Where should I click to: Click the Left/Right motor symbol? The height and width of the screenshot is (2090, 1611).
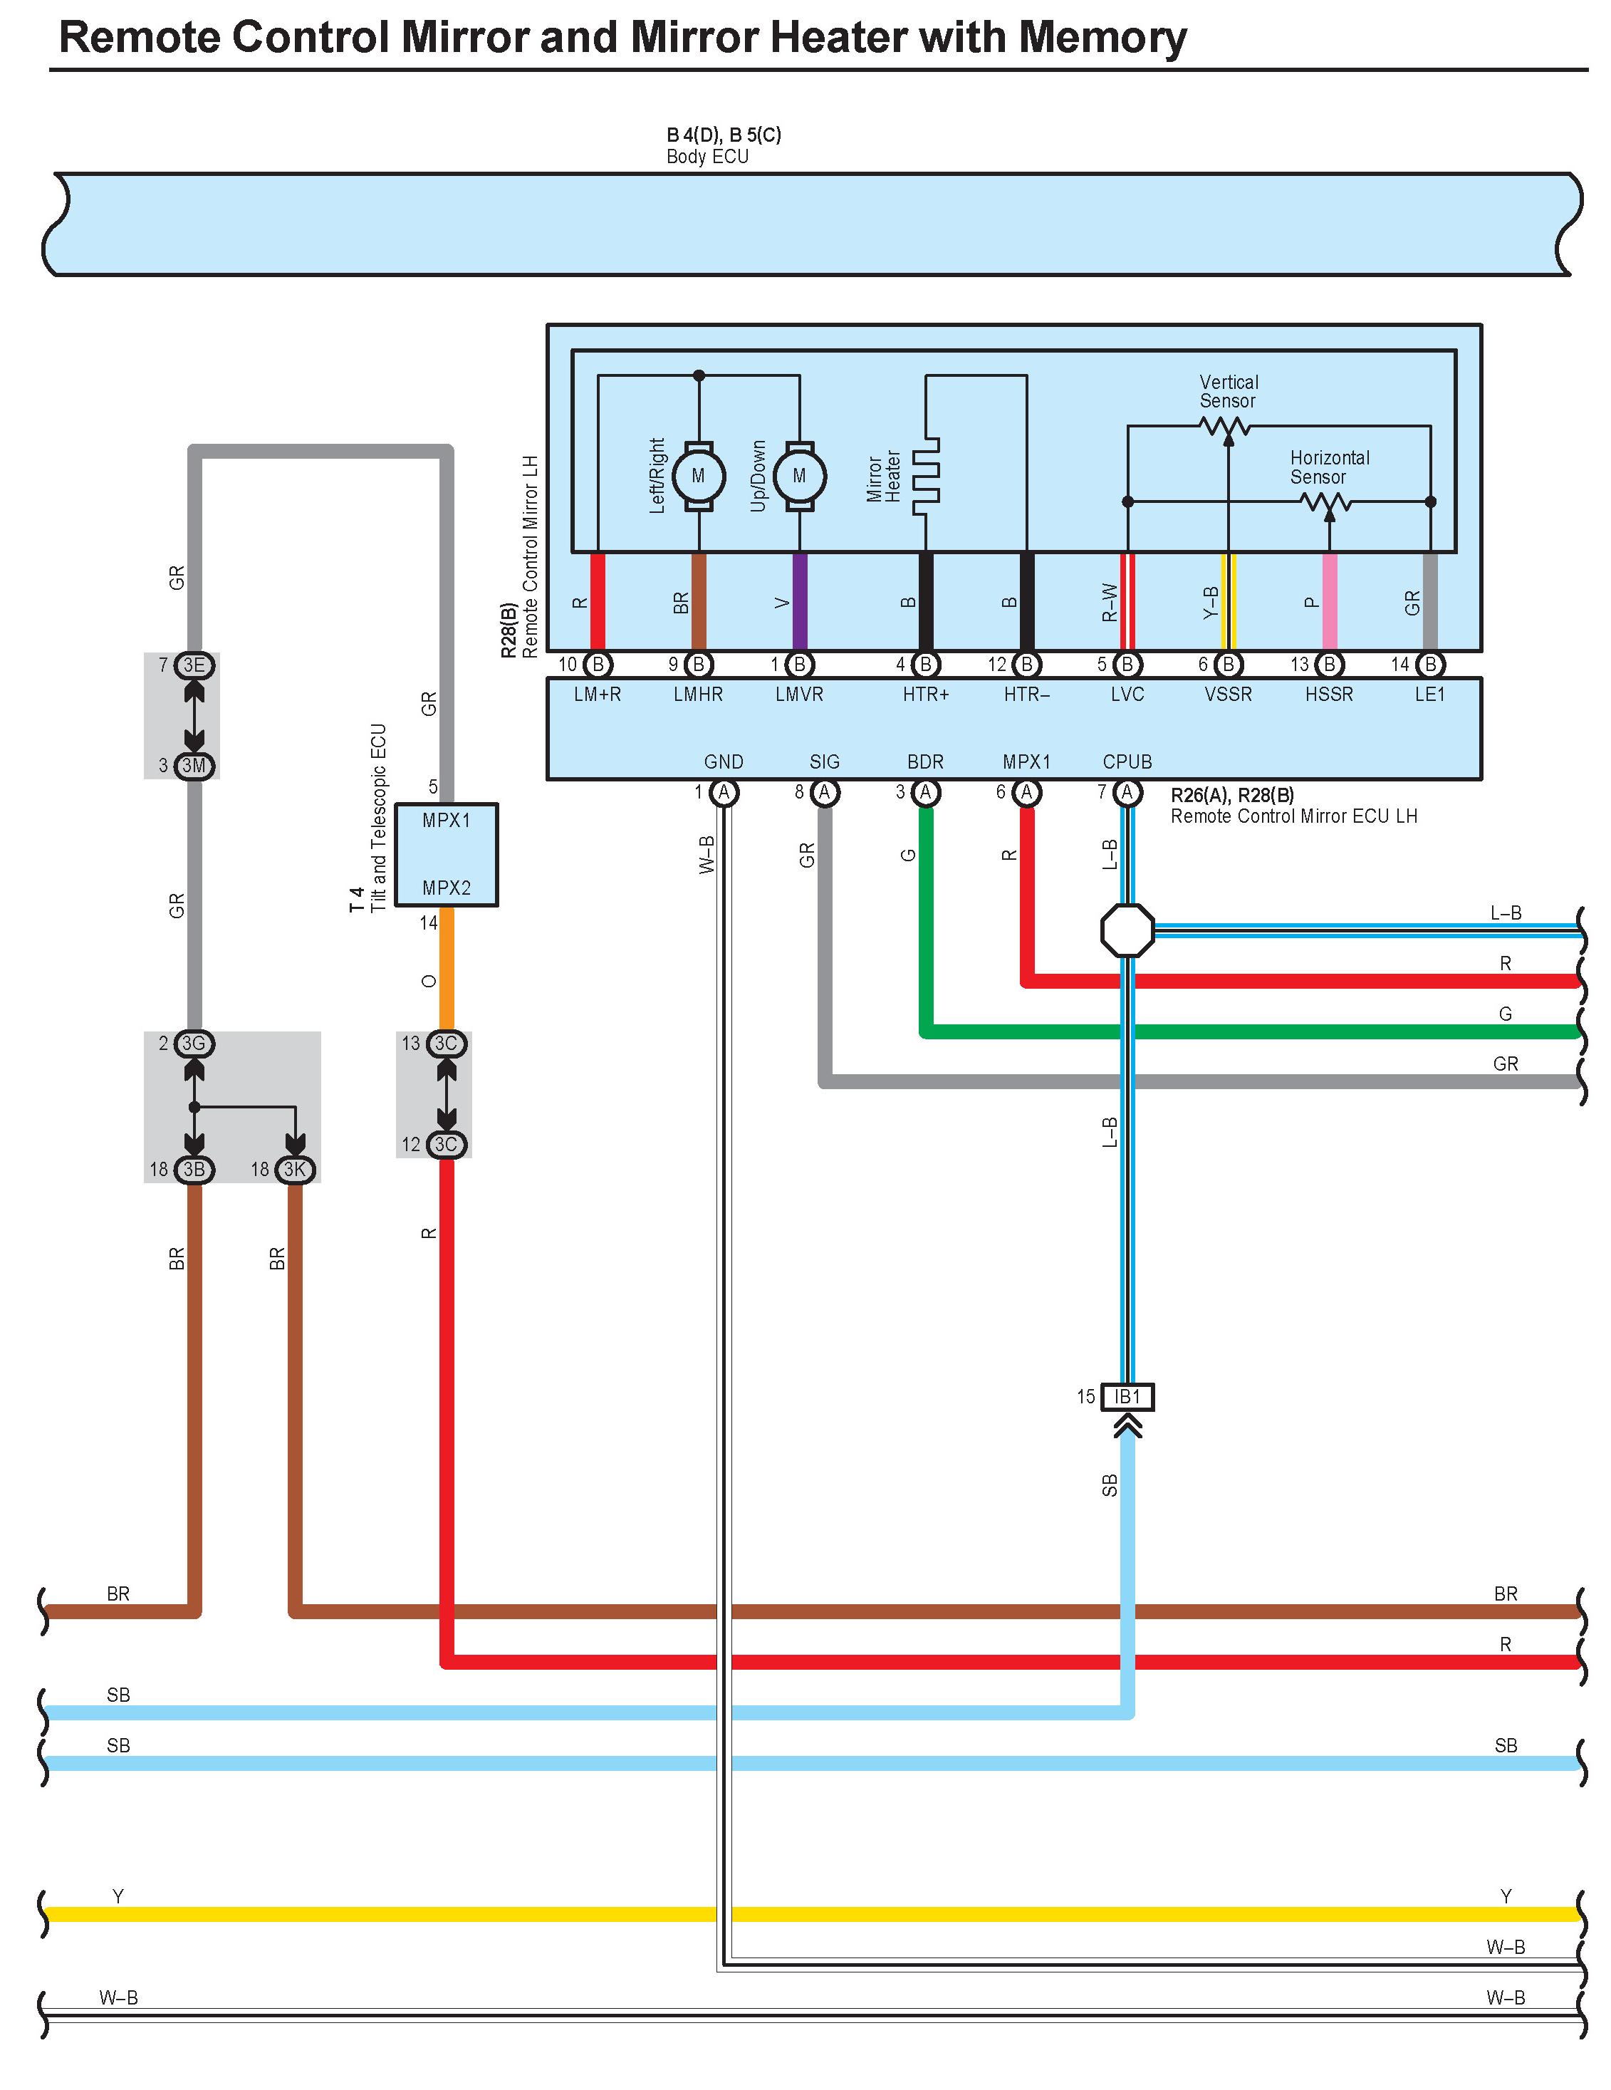tap(699, 476)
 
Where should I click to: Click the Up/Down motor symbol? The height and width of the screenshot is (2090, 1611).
tap(799, 476)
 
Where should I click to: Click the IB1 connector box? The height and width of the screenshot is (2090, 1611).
tap(1127, 1396)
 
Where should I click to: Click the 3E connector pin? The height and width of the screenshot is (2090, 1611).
tap(194, 665)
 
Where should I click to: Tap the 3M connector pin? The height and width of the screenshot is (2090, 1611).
tap(194, 766)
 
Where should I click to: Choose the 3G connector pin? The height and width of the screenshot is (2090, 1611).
tap(194, 1043)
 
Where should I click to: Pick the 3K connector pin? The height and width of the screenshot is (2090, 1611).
tap(295, 1170)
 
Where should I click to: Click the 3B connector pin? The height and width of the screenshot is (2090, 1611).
tap(194, 1170)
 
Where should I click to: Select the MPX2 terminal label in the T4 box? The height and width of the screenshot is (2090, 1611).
tap(447, 888)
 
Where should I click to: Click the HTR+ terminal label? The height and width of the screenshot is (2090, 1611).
tap(926, 695)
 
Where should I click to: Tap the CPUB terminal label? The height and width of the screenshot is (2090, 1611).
tap(1127, 761)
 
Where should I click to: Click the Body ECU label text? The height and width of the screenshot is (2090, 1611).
tap(707, 157)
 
